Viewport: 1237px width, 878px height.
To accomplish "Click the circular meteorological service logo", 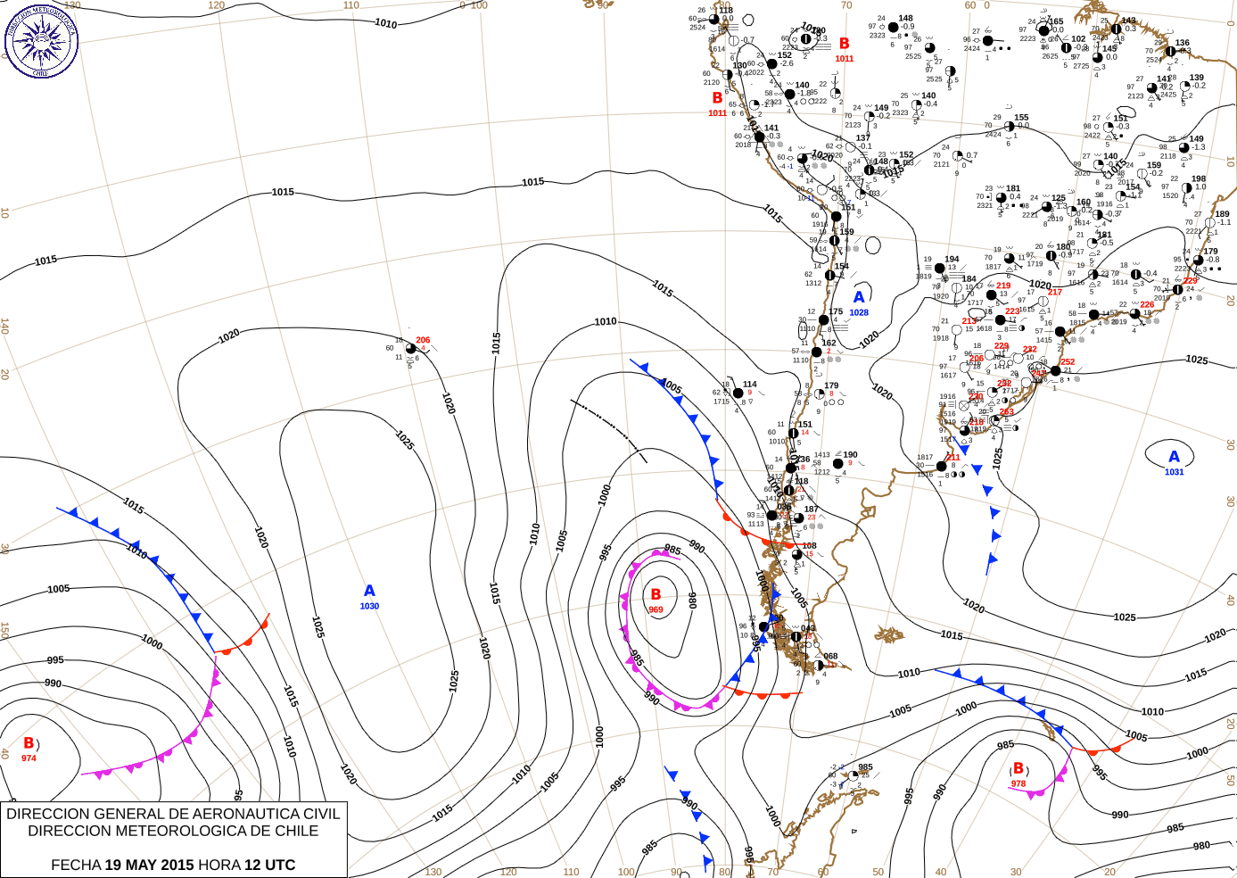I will pyautogui.click(x=41, y=41).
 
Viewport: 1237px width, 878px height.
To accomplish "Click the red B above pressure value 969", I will pyautogui.click(x=656, y=594).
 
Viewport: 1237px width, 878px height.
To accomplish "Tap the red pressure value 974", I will pyautogui.click(x=29, y=758).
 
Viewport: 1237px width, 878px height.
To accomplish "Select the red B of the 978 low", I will pyautogui.click(x=1018, y=768).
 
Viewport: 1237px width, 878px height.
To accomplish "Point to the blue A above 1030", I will pyautogui.click(x=369, y=591).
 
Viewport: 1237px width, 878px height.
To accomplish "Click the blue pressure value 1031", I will pyautogui.click(x=1174, y=472).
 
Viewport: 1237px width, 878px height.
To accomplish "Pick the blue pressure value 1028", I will pyautogui.click(x=859, y=313).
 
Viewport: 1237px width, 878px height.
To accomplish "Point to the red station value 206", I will pyautogui.click(x=423, y=340).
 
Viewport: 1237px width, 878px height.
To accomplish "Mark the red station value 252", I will pyautogui.click(x=1068, y=362).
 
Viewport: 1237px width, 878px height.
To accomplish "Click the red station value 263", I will pyautogui.click(x=1007, y=412).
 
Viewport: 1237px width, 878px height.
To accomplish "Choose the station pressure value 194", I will pyautogui.click(x=952, y=260).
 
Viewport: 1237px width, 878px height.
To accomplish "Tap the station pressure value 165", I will pyautogui.click(x=1056, y=21).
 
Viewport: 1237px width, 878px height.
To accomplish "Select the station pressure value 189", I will pyautogui.click(x=1222, y=214).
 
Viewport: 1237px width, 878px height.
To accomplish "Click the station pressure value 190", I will pyautogui.click(x=850, y=455).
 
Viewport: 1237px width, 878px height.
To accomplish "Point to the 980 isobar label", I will pyautogui.click(x=1201, y=846).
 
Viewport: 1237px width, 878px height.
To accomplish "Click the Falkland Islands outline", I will pyautogui.click(x=888, y=634).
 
